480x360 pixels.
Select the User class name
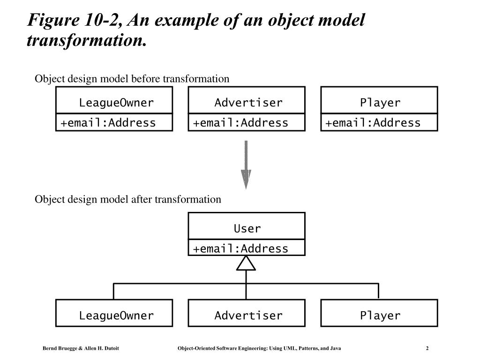point(247,228)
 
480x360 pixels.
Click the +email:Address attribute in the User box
point(240,248)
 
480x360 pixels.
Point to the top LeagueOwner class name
point(116,103)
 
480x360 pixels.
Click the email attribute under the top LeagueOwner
point(108,123)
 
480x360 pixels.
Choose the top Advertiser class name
point(248,103)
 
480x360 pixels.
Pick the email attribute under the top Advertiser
point(240,123)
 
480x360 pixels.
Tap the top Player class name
point(380,103)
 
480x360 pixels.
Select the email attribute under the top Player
point(373,123)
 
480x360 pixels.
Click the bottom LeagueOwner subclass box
point(114,313)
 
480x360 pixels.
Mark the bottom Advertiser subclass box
point(247,313)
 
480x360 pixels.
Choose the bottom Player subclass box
point(379,313)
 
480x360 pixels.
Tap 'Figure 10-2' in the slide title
point(75,20)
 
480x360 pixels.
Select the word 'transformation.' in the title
point(87,40)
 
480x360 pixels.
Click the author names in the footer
point(81,348)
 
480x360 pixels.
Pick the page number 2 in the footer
point(427,348)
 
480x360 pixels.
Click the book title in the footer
point(259,348)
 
